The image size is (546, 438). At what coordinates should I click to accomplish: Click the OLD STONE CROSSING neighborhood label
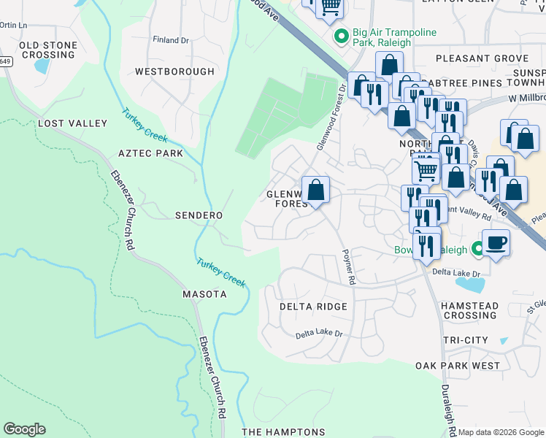tap(48, 50)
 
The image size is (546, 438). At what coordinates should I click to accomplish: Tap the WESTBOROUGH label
tap(174, 72)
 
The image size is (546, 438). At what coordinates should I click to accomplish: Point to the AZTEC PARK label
tap(150, 154)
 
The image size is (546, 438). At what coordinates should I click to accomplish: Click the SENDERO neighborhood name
tap(199, 216)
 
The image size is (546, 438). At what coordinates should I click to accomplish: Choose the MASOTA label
tap(204, 294)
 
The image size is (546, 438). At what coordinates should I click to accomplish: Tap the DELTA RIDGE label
tap(313, 307)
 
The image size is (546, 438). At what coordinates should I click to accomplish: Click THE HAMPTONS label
tap(283, 432)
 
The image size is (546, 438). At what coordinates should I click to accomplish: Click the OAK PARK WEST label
tap(458, 366)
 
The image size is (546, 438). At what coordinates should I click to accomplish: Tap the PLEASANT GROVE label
tap(481, 58)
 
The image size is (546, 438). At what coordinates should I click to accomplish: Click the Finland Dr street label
tap(170, 39)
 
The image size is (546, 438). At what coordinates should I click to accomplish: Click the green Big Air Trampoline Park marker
tap(340, 35)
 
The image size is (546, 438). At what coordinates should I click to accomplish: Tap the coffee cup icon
tap(496, 242)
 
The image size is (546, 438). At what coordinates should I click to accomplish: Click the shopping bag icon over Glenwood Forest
tap(315, 191)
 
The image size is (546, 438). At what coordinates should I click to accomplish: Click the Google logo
tap(24, 429)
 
